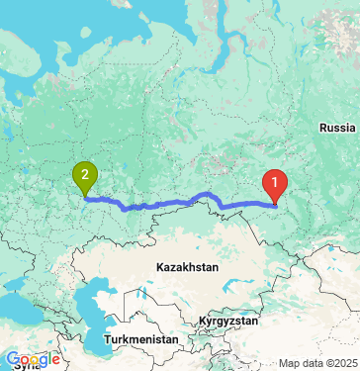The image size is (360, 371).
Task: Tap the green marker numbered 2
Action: [86, 177]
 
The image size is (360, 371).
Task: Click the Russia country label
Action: [337, 128]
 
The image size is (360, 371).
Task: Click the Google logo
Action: [33, 359]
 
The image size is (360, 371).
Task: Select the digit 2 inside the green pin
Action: [86, 176]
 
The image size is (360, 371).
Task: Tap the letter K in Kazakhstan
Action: [159, 267]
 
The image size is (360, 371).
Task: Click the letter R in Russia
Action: [322, 128]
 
